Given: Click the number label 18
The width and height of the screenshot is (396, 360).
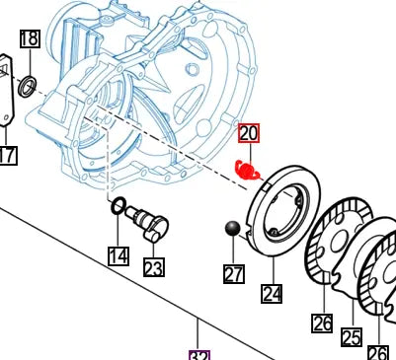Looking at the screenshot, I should click(30, 39).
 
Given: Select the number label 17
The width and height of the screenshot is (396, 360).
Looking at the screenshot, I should click(7, 155).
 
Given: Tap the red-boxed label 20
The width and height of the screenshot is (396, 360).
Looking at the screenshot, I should click(248, 133).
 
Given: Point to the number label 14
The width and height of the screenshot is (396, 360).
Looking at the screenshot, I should click(119, 256).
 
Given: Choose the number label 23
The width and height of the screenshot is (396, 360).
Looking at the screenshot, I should click(153, 266).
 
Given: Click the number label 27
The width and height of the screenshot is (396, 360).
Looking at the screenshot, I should click(234, 274).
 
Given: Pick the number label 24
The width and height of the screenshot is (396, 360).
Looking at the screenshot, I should click(272, 293).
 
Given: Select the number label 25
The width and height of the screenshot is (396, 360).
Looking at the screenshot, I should click(351, 337).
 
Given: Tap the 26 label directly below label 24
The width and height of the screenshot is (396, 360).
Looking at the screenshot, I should click(322, 323).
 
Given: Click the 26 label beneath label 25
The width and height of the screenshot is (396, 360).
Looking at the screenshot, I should click(379, 352).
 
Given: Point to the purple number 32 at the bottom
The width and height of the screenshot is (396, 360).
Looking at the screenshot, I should click(200, 355).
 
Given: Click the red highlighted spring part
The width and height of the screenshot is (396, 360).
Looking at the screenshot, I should click(250, 170).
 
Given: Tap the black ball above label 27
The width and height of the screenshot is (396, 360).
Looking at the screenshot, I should click(233, 230).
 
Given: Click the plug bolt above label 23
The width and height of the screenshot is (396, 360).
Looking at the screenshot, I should click(153, 223).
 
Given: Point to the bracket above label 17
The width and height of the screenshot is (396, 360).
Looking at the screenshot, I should click(5, 94).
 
